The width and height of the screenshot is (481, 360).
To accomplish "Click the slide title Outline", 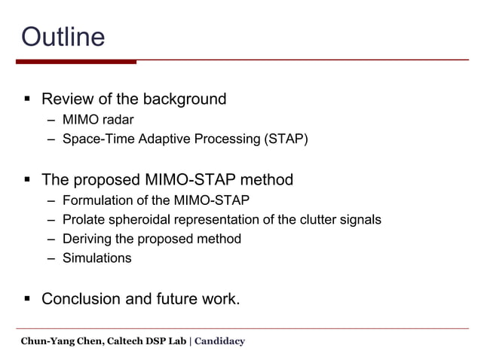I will click(63, 35).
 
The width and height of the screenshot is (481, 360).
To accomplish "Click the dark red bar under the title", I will click(75, 62).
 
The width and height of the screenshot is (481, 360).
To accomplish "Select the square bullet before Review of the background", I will click(26, 99).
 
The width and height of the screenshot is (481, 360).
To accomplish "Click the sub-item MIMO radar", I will click(98, 120).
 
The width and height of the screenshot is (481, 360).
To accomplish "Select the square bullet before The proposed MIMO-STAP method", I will click(26, 180).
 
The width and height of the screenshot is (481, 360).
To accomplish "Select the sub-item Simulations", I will click(97, 258).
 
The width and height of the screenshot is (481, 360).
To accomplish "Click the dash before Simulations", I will click(50, 258).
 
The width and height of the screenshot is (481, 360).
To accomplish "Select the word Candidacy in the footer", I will click(219, 341).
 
